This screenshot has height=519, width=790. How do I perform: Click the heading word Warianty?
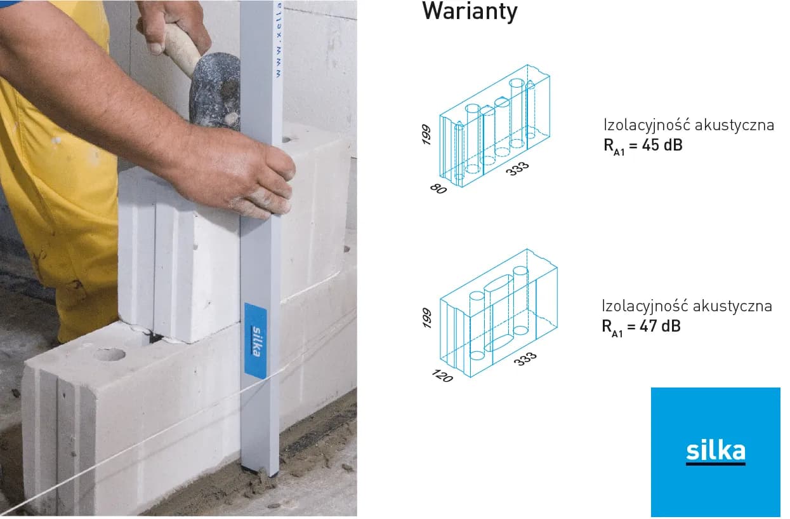pos(470,11)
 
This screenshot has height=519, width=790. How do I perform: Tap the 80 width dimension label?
pos(438,189)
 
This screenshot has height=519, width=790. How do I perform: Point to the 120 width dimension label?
pos(442,375)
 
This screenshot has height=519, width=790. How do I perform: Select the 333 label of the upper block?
pos(517,168)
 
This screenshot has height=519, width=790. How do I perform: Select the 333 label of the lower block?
pos(525,359)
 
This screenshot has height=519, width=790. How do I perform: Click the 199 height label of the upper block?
pos(426,135)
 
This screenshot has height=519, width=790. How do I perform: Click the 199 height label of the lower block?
pos(426,318)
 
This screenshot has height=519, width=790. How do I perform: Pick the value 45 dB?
pos(662,145)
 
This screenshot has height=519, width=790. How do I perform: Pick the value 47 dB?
pos(660,326)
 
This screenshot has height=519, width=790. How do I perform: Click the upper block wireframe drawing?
pos(494,126)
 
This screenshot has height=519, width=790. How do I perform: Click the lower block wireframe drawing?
pos(499,313)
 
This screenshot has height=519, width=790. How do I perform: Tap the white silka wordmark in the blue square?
pos(716,451)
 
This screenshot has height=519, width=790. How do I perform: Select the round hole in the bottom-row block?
pos(109,354)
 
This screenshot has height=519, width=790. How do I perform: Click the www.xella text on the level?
pos(279,39)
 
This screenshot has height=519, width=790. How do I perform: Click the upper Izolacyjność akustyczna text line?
pos(688,126)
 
